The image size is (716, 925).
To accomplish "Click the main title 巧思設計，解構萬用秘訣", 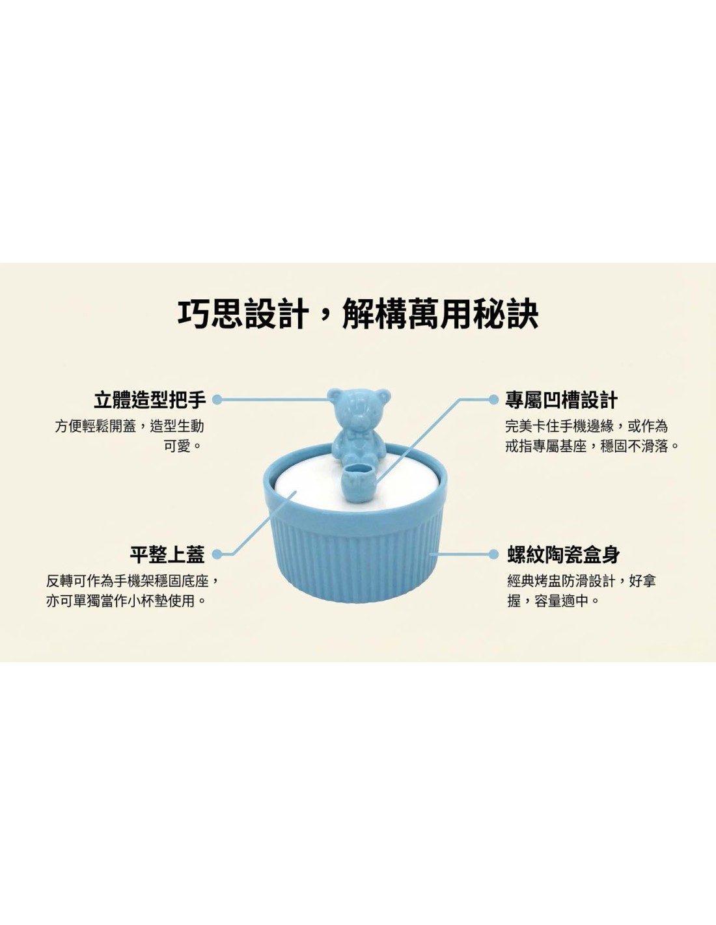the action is coord(358,315).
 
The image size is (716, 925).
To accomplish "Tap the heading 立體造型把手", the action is coord(150,399).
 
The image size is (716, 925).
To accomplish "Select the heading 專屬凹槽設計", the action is coord(562,399).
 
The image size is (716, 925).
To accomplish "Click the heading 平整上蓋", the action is coord(168,554).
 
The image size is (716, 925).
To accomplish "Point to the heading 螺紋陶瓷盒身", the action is coord(564,554).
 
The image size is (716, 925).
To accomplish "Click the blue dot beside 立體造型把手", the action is coord(217,399).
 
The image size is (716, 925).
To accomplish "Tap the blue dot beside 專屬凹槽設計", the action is coord(493,399).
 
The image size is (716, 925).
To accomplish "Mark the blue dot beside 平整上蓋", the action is coord(217,554).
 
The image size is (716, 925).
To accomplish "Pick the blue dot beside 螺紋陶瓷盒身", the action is coord(493,554).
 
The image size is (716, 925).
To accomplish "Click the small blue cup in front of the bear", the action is coord(360,481).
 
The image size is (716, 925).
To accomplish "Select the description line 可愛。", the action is coord(184,446).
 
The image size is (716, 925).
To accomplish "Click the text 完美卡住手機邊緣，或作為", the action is coord(586,426).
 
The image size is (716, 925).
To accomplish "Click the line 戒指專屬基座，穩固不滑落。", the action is coord(592,446).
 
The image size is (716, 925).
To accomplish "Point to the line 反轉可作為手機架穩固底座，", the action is coord(133,581).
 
